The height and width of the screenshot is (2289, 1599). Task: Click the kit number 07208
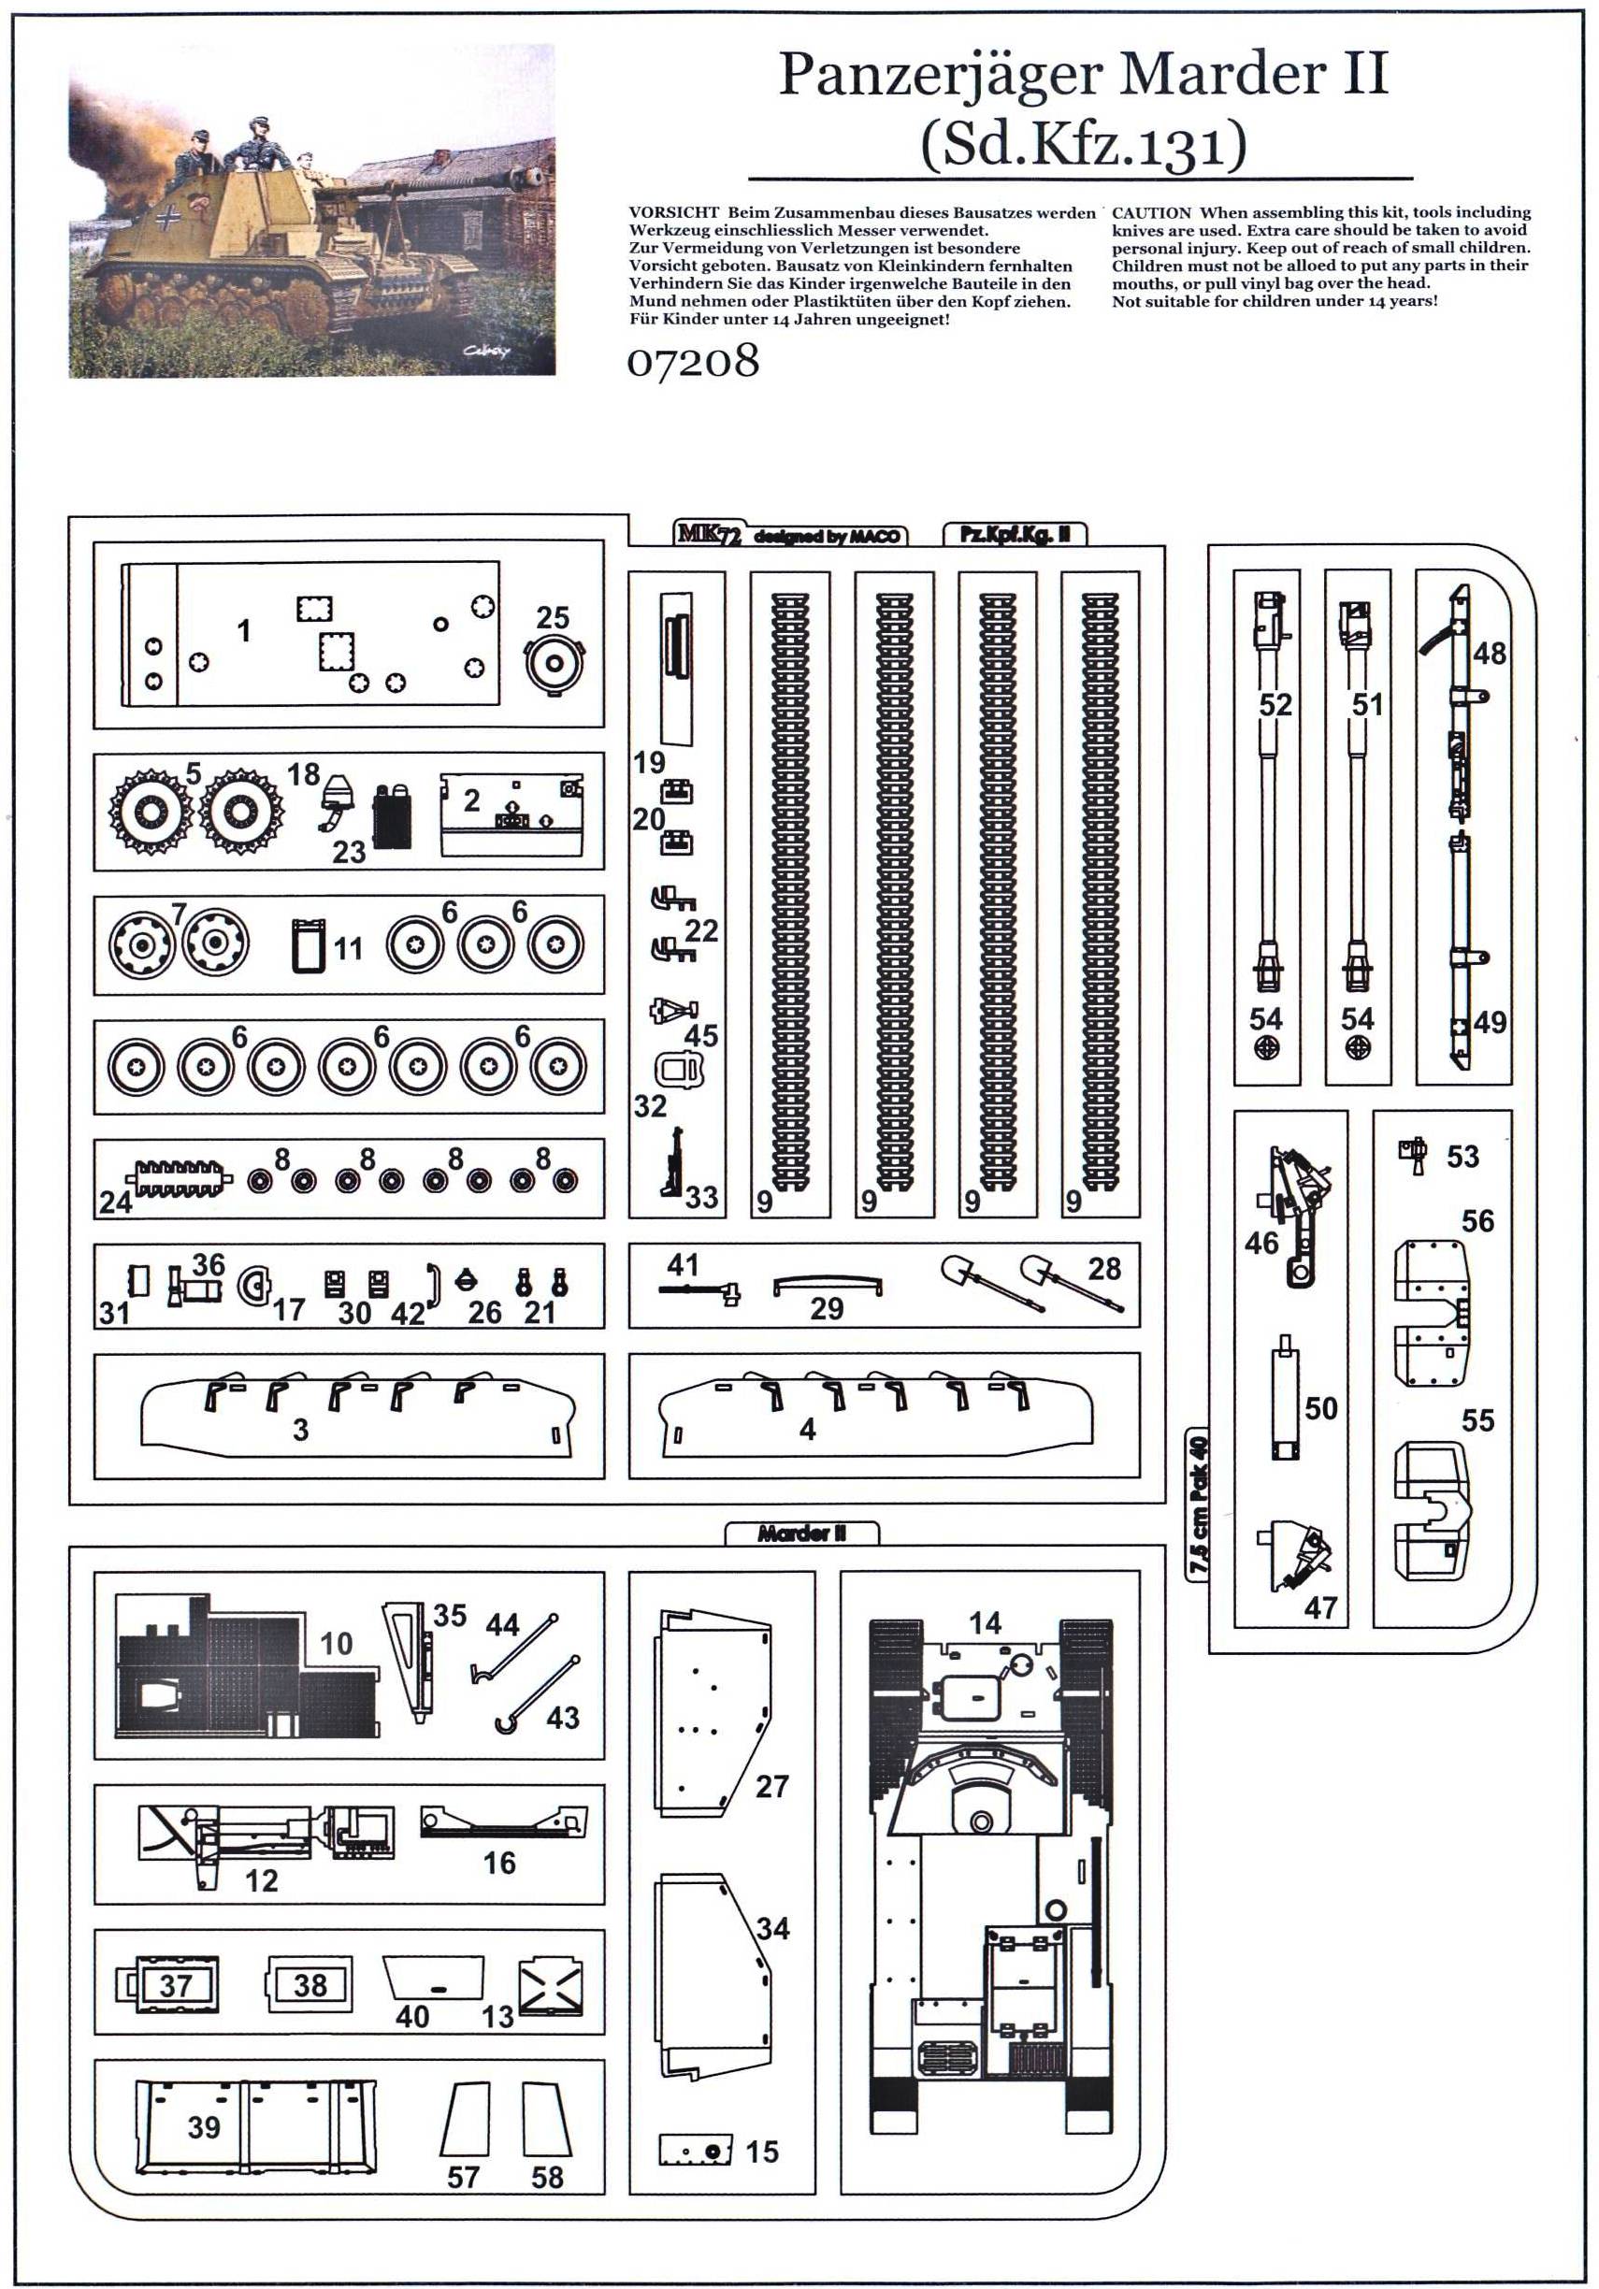click(692, 361)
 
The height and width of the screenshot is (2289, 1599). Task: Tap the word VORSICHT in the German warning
click(673, 212)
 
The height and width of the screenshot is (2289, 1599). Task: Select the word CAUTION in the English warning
click(1150, 212)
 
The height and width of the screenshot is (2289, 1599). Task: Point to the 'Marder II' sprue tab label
click(800, 1533)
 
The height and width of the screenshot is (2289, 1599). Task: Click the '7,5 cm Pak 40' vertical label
click(1197, 1505)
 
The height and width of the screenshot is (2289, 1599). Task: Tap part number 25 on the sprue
click(553, 617)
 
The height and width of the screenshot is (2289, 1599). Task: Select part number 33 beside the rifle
click(700, 1196)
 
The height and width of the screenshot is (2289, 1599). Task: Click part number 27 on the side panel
click(771, 1786)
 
